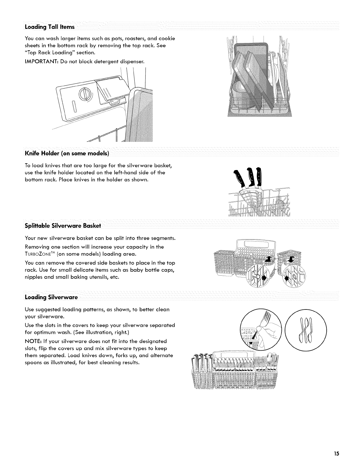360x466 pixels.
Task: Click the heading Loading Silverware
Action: click(51, 297)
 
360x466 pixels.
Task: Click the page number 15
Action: click(336, 453)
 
